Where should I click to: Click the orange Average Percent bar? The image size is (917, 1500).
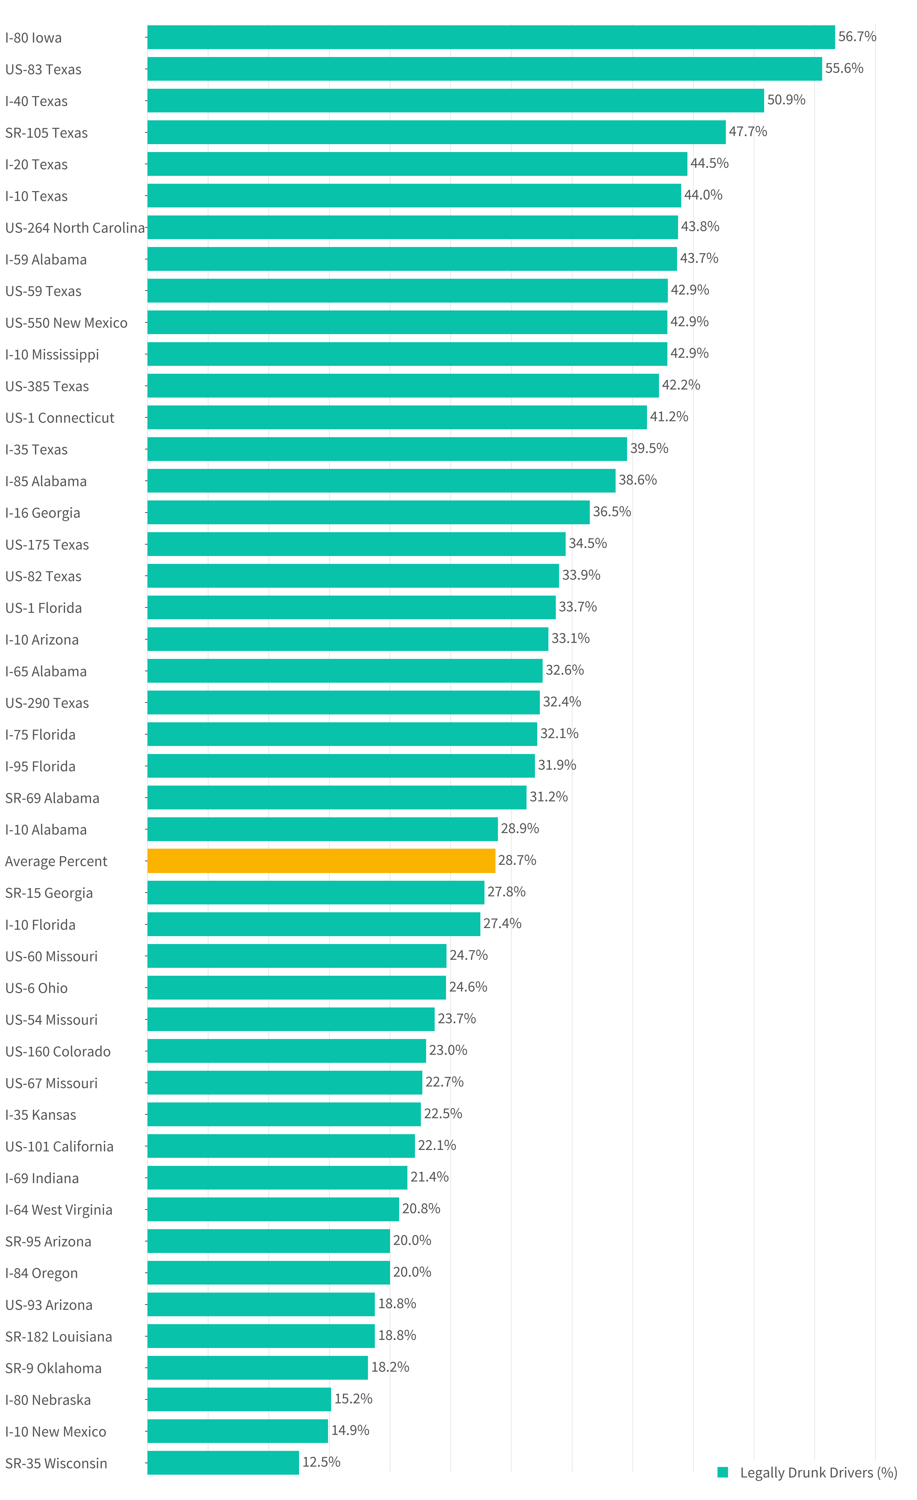pyautogui.click(x=321, y=860)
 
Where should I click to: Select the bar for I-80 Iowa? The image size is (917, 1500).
pyautogui.click(x=491, y=37)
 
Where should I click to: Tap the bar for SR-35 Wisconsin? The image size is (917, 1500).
pyautogui.click(x=223, y=1462)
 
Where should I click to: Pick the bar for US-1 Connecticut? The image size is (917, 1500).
pyautogui.click(x=397, y=417)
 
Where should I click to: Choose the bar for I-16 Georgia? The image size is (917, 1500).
pyautogui.click(x=368, y=512)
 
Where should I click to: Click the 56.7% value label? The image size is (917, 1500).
pyautogui.click(x=857, y=36)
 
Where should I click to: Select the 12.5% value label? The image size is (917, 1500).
pyautogui.click(x=321, y=1462)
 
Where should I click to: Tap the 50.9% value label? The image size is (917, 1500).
pyautogui.click(x=786, y=100)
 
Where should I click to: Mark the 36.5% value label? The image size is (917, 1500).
pyautogui.click(x=611, y=511)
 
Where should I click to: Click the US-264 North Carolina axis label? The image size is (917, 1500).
pyautogui.click(x=75, y=228)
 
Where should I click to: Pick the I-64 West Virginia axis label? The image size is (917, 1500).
pyautogui.click(x=59, y=1210)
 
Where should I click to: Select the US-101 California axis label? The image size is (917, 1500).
pyautogui.click(x=59, y=1146)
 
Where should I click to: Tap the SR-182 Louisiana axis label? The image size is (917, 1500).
pyautogui.click(x=59, y=1336)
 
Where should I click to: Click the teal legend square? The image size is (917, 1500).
pyautogui.click(x=723, y=1472)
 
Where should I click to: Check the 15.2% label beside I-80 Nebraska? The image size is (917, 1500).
pyautogui.click(x=353, y=1398)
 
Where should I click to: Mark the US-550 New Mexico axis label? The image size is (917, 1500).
pyautogui.click(x=66, y=323)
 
